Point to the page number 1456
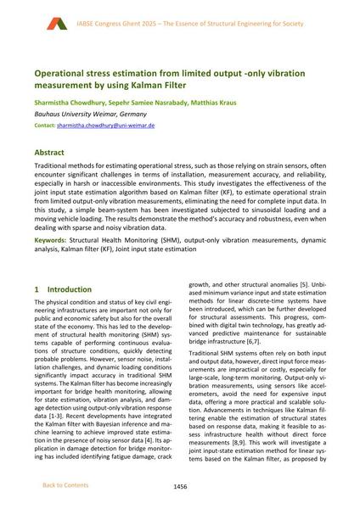tap(180, 486)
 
